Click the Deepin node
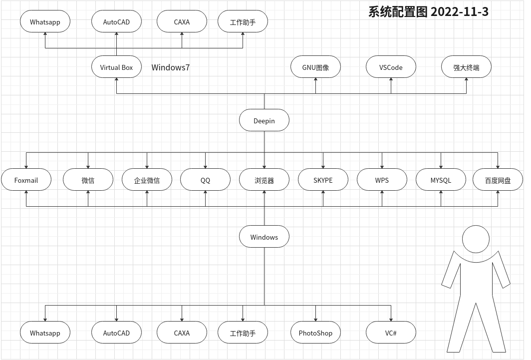pos(264,121)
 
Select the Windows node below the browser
pos(264,237)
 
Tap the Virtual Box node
pos(116,67)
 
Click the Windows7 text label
pos(171,67)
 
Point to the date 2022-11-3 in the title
pos(459,11)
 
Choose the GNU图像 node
pos(315,67)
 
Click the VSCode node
pos(391,67)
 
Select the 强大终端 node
pos(466,67)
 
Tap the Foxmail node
pos(26,180)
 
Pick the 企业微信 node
pos(147,180)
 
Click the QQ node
pos(205,180)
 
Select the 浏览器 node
pos(264,180)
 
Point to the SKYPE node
pos(323,180)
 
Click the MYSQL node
pos(441,180)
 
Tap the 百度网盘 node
pos(498,180)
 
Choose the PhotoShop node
pos(315,333)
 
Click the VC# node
pos(391,333)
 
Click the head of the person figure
pos(476,239)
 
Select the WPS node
pos(382,180)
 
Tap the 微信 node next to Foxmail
pos(88,180)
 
